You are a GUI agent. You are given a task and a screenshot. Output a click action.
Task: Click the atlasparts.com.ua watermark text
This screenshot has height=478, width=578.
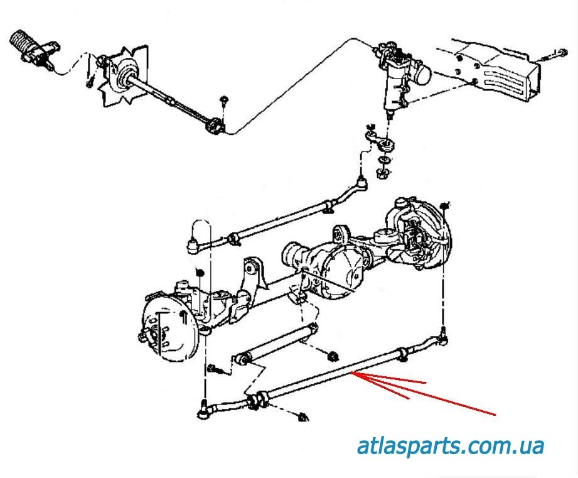point(450,447)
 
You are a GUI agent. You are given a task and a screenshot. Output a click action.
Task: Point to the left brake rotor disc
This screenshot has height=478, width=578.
point(164,329)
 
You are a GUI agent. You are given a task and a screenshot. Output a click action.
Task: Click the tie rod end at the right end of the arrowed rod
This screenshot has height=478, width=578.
point(442,340)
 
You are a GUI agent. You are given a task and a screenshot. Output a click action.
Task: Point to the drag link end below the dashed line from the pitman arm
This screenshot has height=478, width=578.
point(362,184)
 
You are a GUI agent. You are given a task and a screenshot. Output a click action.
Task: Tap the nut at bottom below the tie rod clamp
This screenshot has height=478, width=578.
point(303,416)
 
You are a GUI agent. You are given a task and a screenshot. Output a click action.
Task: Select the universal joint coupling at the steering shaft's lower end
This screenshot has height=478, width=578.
point(215,126)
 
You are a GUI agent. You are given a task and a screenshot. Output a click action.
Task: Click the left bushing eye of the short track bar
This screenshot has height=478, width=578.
point(244,361)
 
